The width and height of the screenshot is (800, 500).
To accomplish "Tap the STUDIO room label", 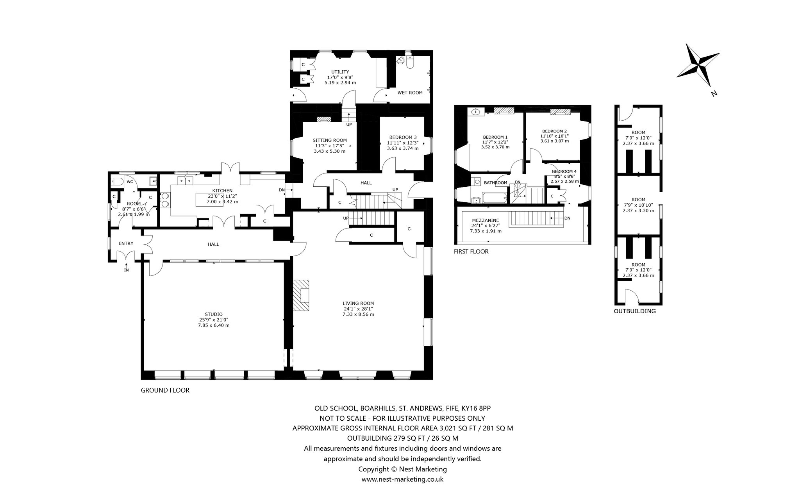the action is point(214,314).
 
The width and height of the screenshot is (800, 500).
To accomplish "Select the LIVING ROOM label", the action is point(358,303).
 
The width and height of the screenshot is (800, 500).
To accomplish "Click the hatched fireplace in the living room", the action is point(301,295).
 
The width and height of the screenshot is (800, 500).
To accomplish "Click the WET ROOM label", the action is point(410,93).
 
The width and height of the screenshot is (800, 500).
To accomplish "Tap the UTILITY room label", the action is point(340,72).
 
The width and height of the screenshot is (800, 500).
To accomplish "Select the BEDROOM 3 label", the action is point(403,137).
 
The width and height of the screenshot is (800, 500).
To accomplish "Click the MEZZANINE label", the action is point(485,220).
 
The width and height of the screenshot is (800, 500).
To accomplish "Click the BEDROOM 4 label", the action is point(564,171).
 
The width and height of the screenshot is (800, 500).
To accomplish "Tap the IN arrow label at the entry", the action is point(126,268).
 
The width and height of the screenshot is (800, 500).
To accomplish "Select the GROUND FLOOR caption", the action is point(165,390).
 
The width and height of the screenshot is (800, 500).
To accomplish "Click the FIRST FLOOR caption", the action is point(471,252).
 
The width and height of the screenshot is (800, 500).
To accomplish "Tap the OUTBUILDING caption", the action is point(635,311).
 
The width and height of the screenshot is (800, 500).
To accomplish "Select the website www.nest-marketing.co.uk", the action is point(402,479).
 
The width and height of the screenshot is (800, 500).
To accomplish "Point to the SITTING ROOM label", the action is point(329,140).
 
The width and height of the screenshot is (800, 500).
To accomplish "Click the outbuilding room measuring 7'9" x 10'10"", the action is point(638,205).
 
